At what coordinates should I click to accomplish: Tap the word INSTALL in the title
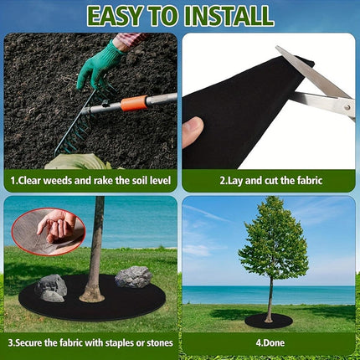228,15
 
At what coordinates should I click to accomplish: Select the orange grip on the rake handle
133,104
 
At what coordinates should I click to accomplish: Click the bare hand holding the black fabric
193,131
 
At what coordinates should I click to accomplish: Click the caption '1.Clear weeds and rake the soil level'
90,180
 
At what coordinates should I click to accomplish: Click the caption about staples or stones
90,342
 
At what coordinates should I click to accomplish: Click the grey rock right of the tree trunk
133,276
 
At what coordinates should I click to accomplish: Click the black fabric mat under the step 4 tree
268,321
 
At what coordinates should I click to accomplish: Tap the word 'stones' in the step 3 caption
157,342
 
